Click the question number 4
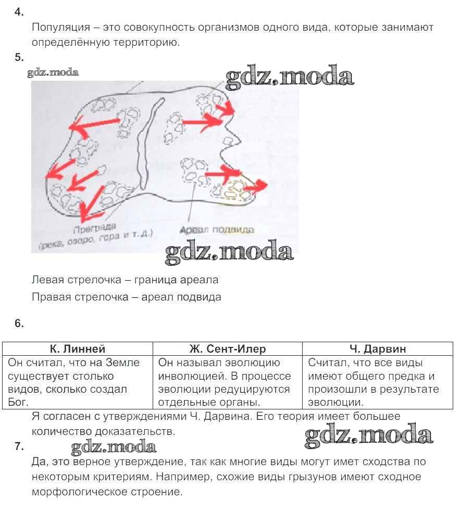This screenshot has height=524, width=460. click(x=19, y=13)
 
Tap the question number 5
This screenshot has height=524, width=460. click(x=19, y=57)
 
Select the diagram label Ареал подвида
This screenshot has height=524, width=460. click(x=216, y=230)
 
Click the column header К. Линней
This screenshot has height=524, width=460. click(x=78, y=349)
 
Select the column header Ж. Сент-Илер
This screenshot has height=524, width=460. click(x=228, y=349)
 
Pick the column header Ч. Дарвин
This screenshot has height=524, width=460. click(x=378, y=349)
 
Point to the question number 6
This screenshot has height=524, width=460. click(x=19, y=323)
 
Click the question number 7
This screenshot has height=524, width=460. click(x=19, y=446)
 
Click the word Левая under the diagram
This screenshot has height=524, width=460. click(x=47, y=280)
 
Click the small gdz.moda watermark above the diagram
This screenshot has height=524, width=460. click(x=53, y=72)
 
